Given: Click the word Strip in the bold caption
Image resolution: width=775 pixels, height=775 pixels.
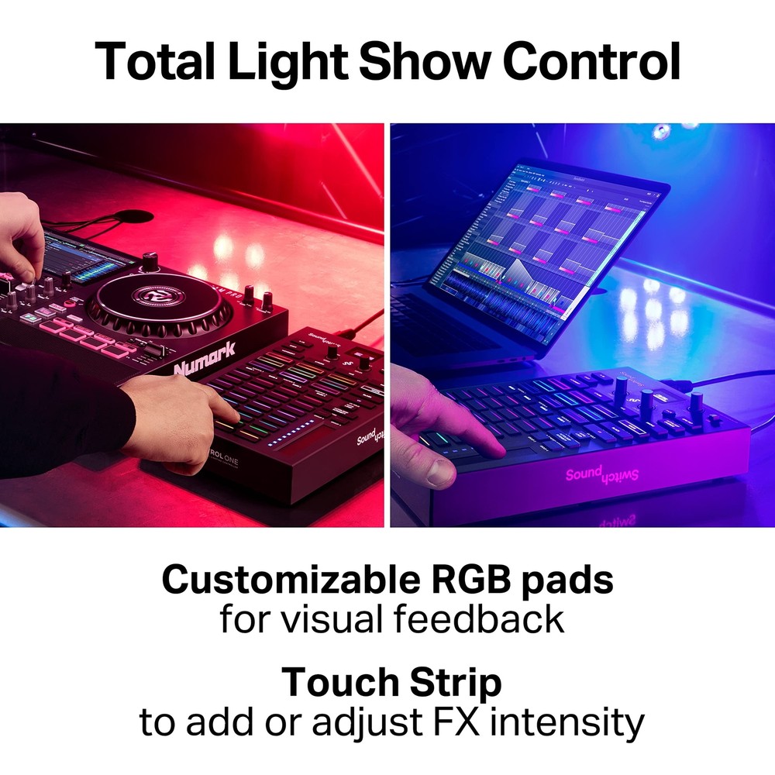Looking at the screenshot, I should [450, 682].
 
